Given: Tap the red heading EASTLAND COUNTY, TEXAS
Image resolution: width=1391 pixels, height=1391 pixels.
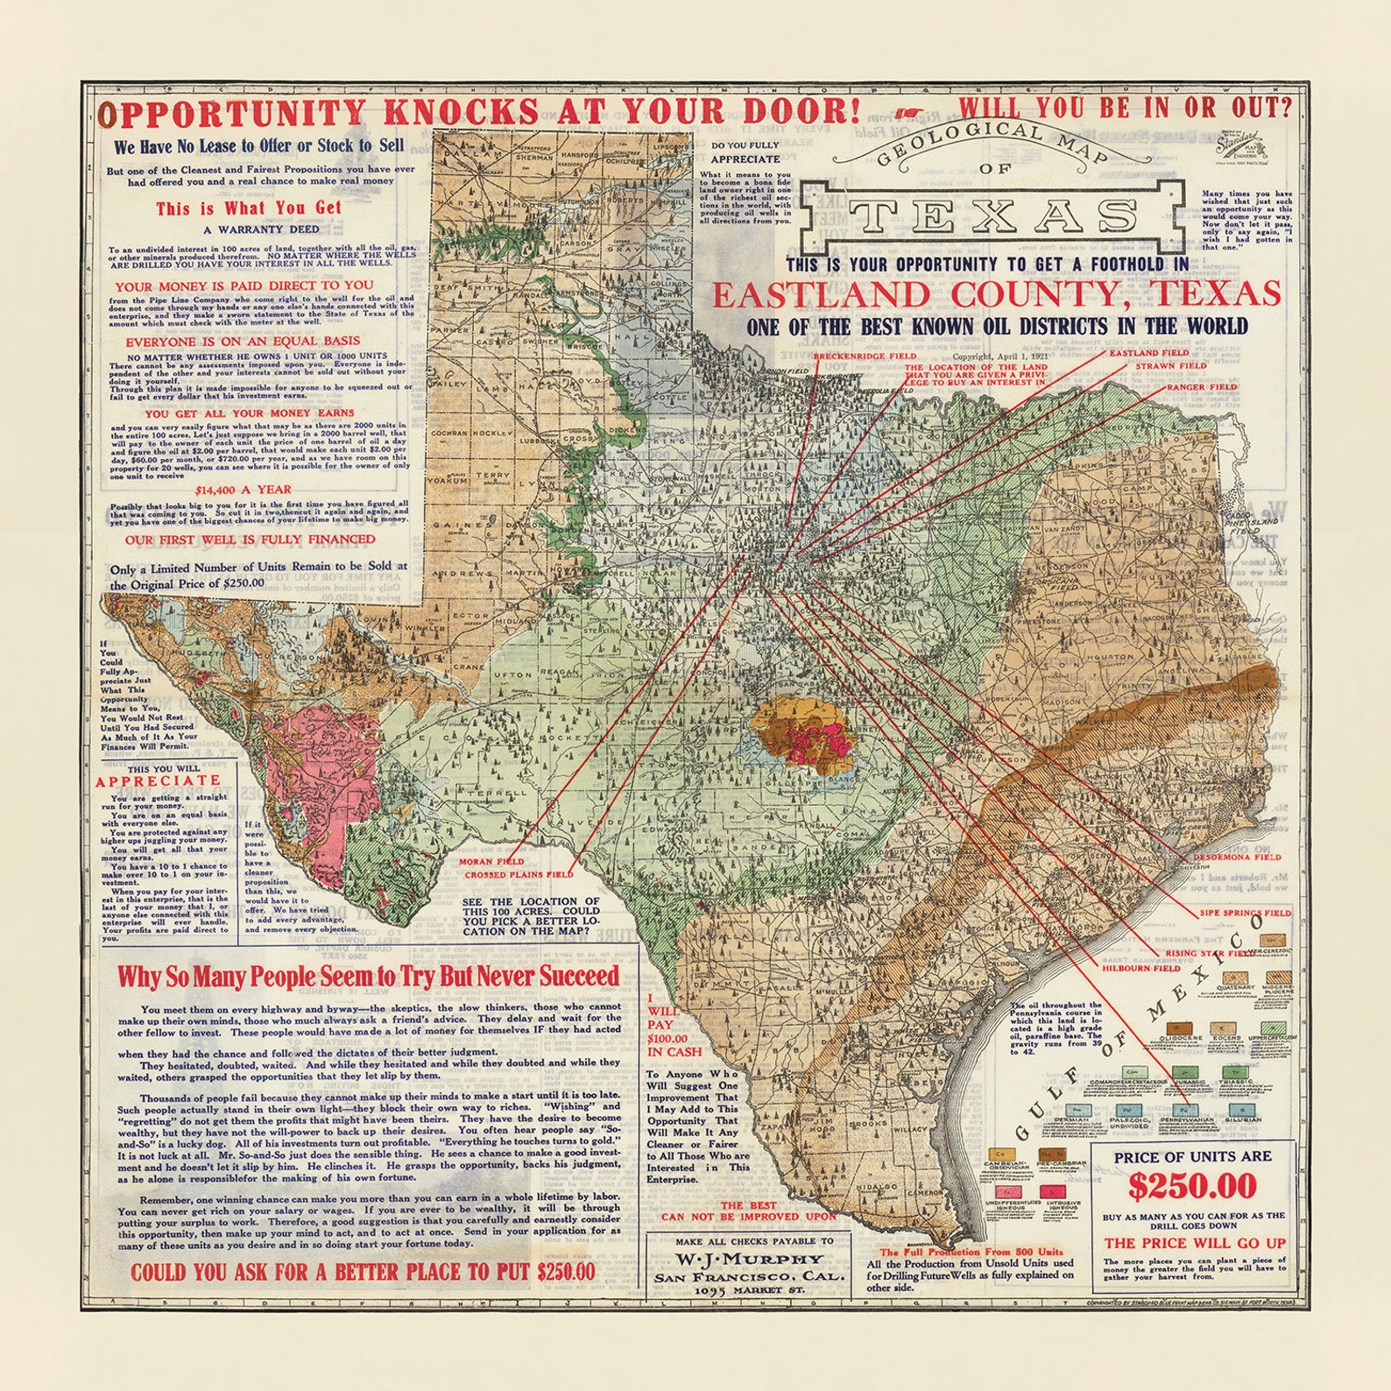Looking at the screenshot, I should (996, 295).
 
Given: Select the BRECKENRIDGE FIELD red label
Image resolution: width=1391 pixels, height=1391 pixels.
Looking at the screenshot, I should (865, 357).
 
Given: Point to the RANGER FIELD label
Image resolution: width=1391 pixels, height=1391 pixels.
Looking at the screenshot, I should (1201, 386).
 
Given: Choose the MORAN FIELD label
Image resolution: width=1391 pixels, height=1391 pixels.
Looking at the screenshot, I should (491, 862).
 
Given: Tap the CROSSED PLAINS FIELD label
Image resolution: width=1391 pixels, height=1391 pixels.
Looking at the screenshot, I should (519, 874).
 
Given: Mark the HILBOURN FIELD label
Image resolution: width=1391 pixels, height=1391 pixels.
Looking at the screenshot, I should (1140, 969).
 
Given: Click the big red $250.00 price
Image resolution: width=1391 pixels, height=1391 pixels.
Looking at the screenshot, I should (1192, 1186).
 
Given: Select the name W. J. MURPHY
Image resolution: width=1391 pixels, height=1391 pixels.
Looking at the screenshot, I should (748, 1260).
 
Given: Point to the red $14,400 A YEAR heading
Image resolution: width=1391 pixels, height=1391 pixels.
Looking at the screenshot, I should (243, 490).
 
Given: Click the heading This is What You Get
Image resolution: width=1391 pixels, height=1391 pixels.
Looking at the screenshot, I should (249, 208).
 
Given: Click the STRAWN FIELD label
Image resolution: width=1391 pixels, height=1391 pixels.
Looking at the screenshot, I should (1171, 366).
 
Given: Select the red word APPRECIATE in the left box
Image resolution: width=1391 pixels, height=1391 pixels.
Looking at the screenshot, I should (159, 780).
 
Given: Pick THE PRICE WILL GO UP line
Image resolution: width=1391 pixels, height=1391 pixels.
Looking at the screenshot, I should (1195, 1243).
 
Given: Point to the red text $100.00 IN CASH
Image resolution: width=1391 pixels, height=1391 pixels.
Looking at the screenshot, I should (674, 1044).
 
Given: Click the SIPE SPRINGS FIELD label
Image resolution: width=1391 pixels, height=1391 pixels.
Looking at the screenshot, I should (1245, 913).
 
